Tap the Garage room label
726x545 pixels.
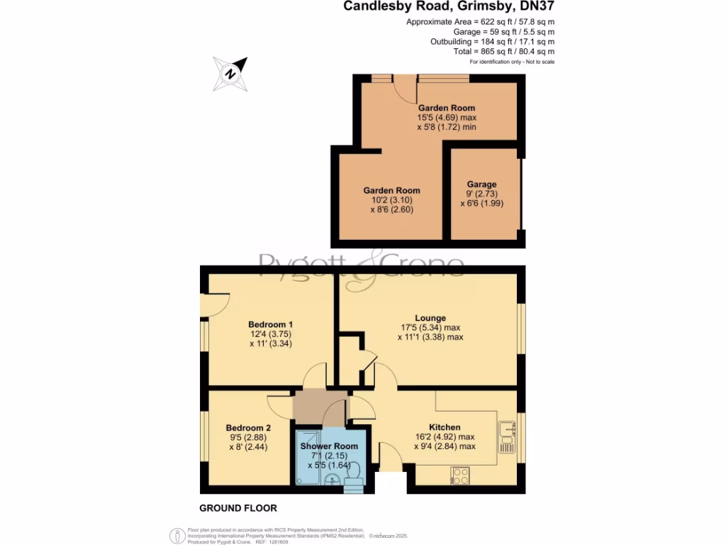tap(481, 185)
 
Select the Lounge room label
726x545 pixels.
tap(430, 318)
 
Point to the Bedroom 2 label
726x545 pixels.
tap(248, 428)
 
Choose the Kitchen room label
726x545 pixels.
tap(444, 427)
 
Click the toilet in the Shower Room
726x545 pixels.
tap(354, 470)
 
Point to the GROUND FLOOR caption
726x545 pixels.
tap(238, 508)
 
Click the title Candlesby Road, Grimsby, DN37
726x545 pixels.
tap(449, 7)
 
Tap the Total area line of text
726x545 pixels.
tap(503, 52)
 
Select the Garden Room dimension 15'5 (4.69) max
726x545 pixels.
tap(446, 118)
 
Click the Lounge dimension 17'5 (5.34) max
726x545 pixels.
tap(430, 328)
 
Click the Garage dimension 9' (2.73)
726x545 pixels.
tap(481, 194)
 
